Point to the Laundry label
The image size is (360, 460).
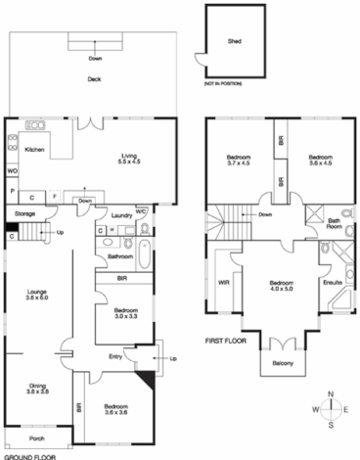(x=121, y=214)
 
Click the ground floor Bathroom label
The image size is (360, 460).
(x=120, y=257)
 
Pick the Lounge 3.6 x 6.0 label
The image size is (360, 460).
(x=36, y=296)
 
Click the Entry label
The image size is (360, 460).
(x=116, y=356)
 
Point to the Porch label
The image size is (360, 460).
(x=36, y=437)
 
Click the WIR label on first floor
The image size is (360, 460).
(x=223, y=284)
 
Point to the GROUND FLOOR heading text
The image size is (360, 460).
(x=27, y=455)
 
